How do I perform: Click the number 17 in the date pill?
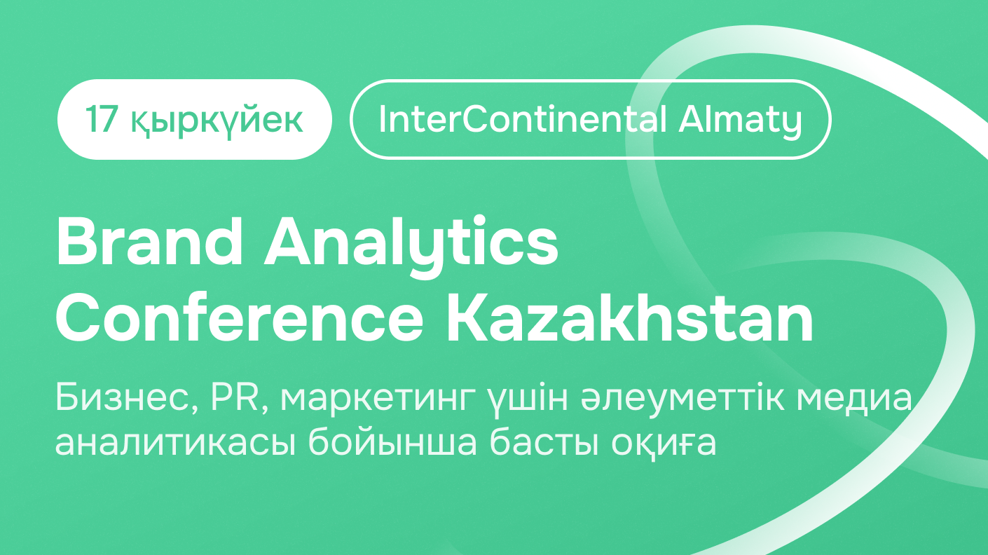point(101,120)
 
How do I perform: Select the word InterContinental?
point(522,119)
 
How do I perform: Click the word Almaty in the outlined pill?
point(740,122)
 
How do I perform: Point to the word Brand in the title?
point(149,242)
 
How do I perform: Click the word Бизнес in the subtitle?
point(127,397)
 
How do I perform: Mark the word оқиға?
point(664,442)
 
